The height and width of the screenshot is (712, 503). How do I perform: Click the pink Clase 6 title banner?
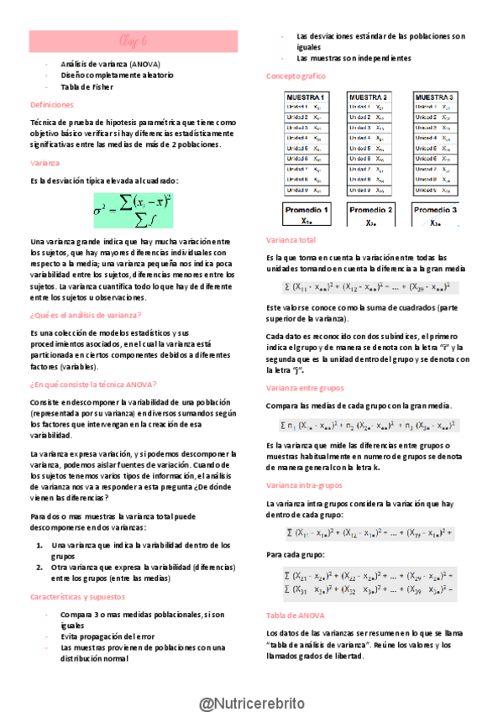[134, 40]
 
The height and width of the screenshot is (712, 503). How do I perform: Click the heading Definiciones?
[52, 105]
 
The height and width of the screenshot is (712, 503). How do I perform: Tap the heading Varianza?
[45, 161]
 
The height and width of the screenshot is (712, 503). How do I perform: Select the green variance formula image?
[133, 210]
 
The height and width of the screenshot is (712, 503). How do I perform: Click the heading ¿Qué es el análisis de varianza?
[86, 315]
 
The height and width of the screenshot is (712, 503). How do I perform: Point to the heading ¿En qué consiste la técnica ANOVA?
[92, 384]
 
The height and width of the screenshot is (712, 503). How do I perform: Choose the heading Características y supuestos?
[77, 596]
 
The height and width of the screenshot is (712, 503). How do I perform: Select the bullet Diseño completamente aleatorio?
[117, 75]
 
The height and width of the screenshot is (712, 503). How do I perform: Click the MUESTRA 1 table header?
[307, 97]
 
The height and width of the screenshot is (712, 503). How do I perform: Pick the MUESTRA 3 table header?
[436, 97]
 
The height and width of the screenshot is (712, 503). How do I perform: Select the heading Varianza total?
[291, 239]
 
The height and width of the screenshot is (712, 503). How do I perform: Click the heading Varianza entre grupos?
[304, 389]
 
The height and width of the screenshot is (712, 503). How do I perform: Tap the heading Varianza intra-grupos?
[303, 485]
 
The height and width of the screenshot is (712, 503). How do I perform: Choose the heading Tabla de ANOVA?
[295, 615]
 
